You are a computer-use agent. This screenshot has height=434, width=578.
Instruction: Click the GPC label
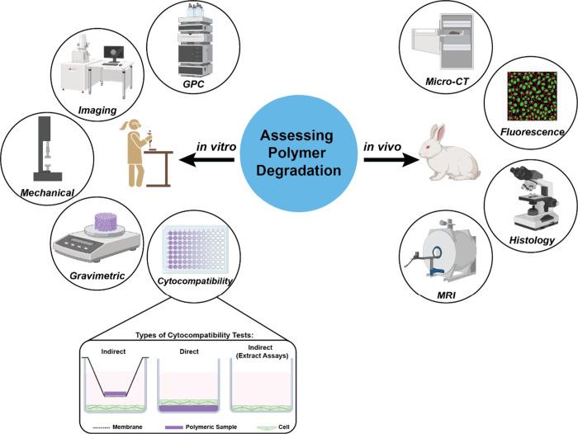tap(193, 84)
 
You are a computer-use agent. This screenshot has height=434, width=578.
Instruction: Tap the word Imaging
tap(97, 111)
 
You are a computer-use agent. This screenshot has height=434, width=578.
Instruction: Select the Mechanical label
tap(47, 193)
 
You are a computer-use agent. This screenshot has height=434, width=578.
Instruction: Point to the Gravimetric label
tap(97, 276)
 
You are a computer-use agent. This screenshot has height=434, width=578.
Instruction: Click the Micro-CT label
tap(447, 82)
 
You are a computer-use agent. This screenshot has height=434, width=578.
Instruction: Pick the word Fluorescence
tap(532, 132)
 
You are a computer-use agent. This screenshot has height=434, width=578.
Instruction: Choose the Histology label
tap(532, 241)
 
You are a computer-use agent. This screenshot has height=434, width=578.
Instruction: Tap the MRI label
tap(446, 295)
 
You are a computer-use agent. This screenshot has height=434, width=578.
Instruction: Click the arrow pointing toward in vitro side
tap(206, 160)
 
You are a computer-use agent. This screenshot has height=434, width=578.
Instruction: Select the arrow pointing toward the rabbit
tap(391, 160)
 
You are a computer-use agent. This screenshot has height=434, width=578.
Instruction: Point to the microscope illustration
tap(533, 197)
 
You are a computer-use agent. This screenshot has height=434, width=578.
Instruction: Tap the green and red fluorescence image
tap(532, 97)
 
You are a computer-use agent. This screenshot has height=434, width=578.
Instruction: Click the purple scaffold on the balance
tap(106, 222)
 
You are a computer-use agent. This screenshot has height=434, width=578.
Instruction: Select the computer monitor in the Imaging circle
tap(114, 54)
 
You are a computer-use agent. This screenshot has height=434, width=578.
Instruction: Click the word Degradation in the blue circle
tap(298, 171)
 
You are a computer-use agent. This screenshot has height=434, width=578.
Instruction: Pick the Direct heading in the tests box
tap(189, 351)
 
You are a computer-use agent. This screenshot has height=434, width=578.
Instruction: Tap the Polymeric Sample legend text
tap(211, 427)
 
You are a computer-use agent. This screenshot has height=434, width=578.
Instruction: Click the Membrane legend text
tap(127, 427)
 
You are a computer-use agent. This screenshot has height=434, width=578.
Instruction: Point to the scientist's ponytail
tap(124, 126)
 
